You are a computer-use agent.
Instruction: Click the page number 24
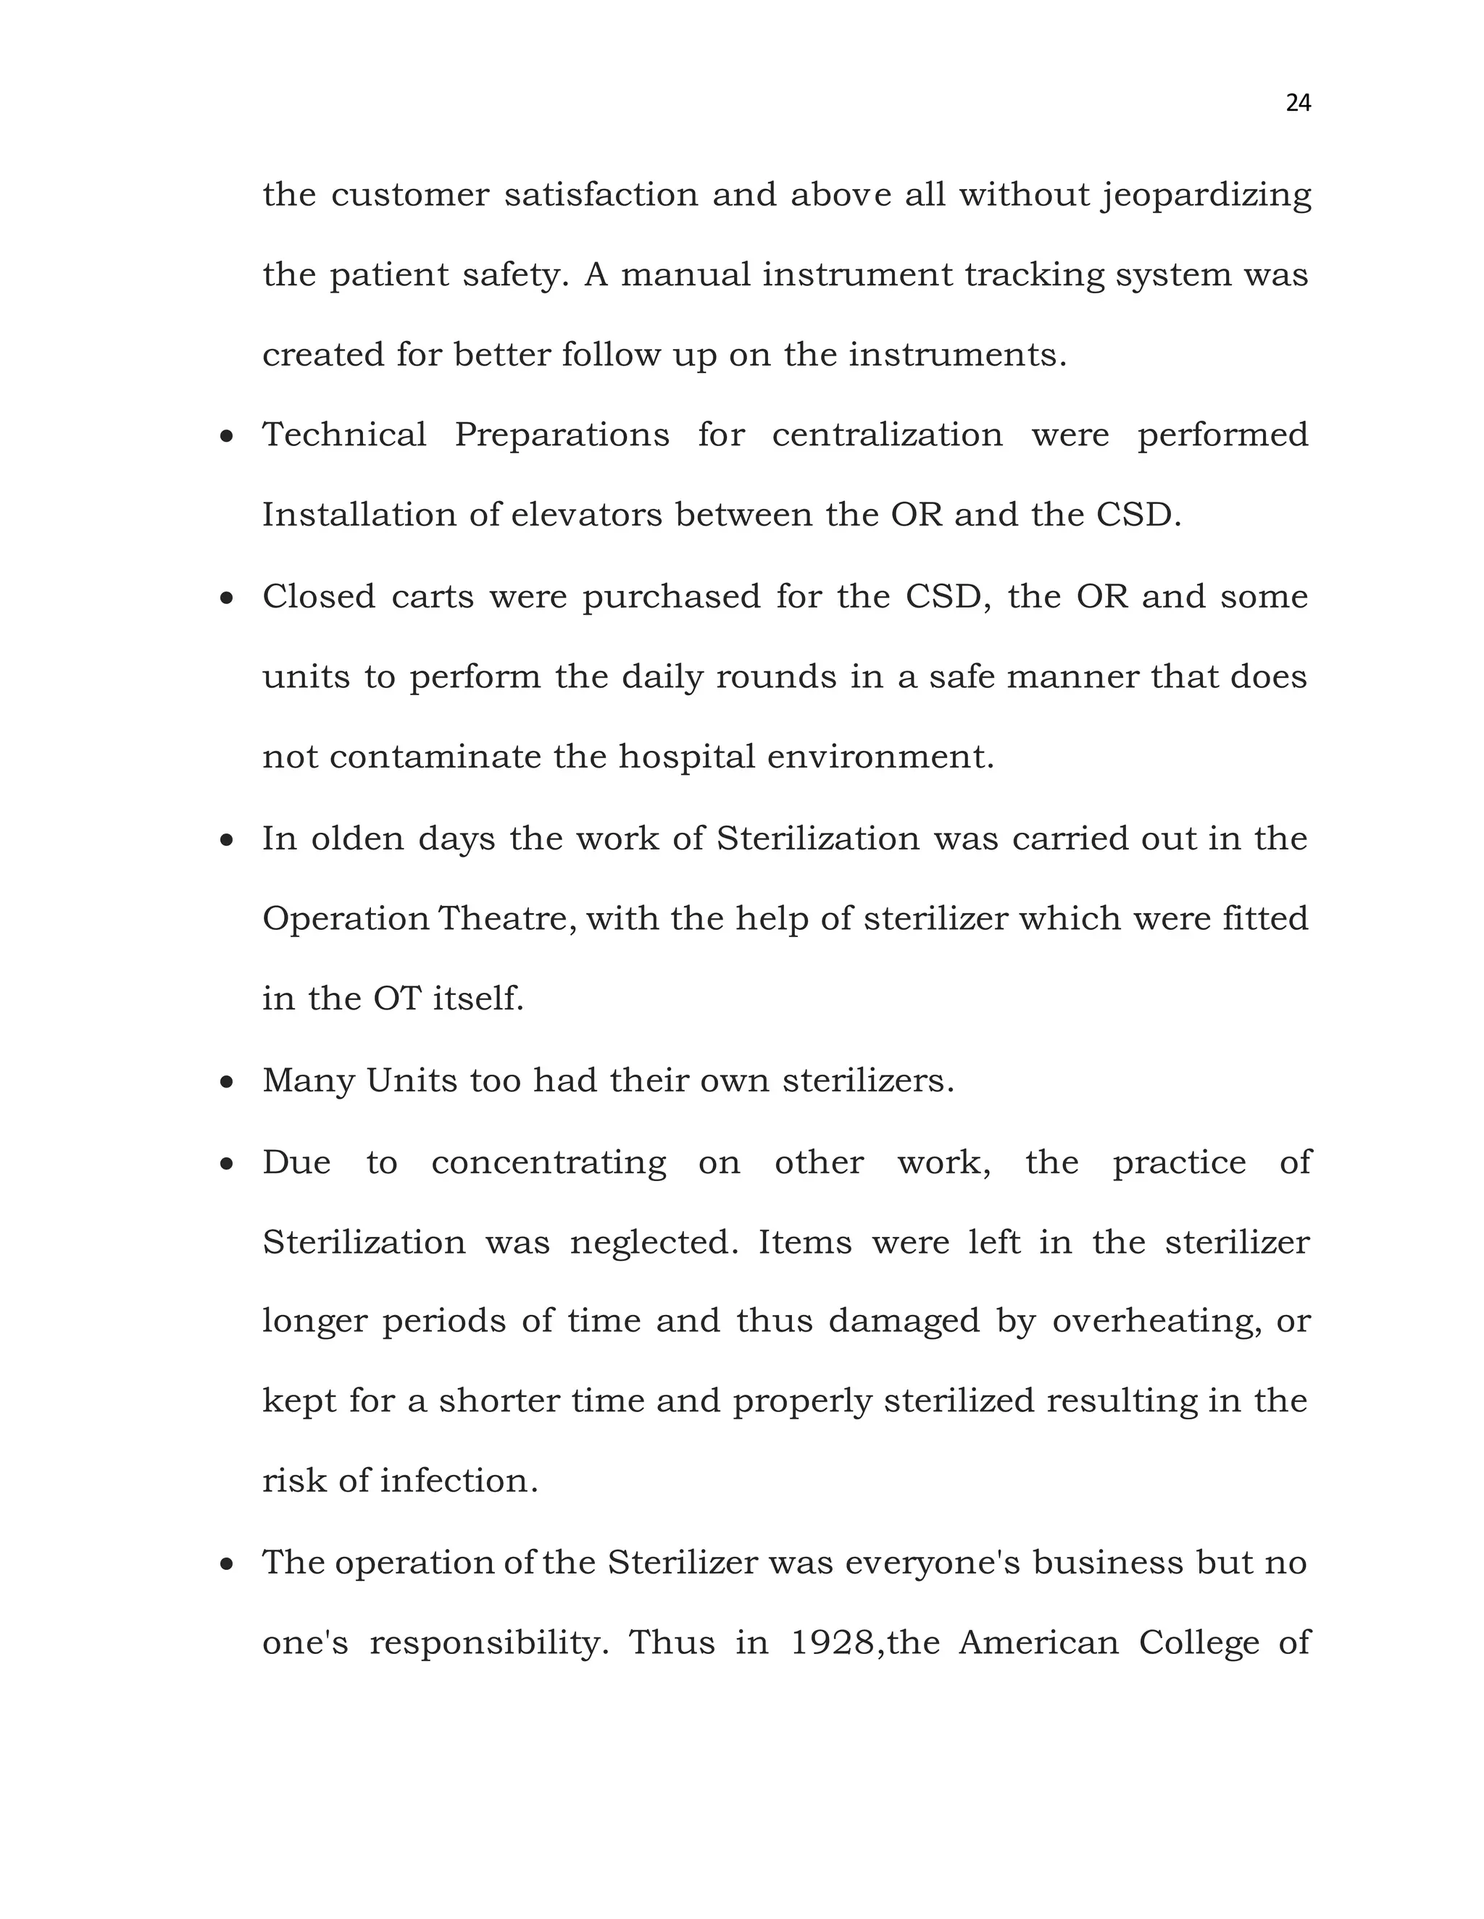point(1298,104)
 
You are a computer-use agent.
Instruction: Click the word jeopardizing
point(1207,195)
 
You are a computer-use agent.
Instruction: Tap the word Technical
point(343,435)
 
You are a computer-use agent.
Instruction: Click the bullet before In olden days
point(227,841)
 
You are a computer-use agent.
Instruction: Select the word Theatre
point(507,919)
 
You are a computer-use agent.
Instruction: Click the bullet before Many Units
point(227,1083)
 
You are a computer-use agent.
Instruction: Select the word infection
point(458,1482)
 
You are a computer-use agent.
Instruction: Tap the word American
point(1038,1642)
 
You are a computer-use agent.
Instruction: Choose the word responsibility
point(489,1644)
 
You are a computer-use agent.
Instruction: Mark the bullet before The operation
point(227,1565)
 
